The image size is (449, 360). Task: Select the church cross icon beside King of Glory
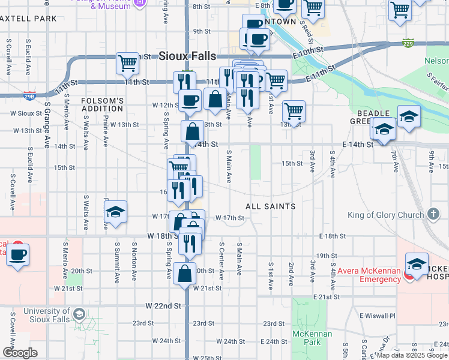coord(433,214)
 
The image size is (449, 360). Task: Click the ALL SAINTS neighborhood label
coord(270,206)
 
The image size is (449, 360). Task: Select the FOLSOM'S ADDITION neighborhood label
coord(102,104)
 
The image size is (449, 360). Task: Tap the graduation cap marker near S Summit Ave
coord(115,212)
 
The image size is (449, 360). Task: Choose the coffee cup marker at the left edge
coord(17,254)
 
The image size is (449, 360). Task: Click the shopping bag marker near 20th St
coord(185,273)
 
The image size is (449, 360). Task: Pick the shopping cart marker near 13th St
coord(294,110)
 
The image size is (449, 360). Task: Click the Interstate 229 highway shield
coord(408,43)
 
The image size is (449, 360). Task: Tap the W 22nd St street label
coord(163,306)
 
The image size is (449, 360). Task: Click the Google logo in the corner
coord(20,353)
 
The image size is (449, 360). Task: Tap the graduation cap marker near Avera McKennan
coord(417,263)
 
